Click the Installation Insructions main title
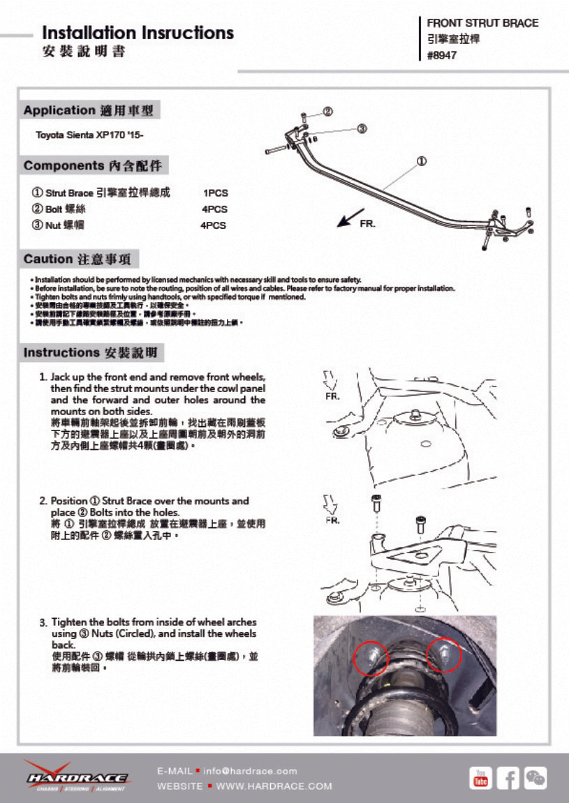(138, 33)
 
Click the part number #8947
(442, 56)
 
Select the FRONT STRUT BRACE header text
(482, 23)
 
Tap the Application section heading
(89, 110)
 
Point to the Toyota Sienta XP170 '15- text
(90, 134)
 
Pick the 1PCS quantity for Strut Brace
(215, 193)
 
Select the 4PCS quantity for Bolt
(214, 209)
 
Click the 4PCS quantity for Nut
(214, 225)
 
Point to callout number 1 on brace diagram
(422, 161)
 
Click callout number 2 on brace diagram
(327, 112)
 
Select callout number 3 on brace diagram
(362, 128)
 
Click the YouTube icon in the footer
(480, 777)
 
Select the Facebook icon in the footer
(508, 777)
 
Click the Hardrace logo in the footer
(77, 776)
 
